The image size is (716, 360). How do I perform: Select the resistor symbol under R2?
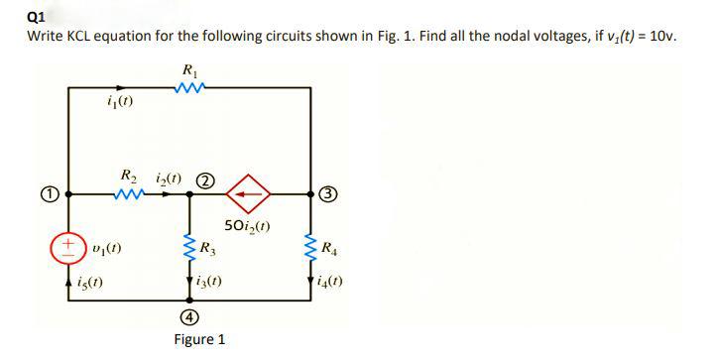click(129, 194)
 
